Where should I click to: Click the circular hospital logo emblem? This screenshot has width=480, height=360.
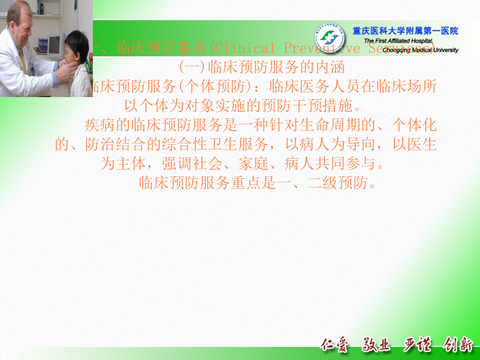point(329,37)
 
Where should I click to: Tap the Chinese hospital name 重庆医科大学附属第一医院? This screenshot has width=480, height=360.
point(405,31)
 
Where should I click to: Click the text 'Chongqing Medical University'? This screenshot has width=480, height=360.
point(412,50)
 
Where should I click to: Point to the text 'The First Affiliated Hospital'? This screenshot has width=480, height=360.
point(399,41)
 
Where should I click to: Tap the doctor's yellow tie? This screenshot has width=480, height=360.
point(22,59)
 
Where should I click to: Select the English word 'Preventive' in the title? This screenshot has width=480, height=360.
point(322,49)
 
